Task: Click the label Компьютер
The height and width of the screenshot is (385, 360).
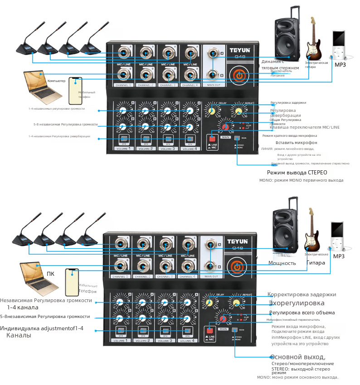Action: (x=57, y=81)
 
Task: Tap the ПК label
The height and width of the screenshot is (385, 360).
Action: (x=51, y=274)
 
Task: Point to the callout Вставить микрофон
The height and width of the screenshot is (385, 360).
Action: (x=291, y=143)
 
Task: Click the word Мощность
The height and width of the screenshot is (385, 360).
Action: (x=282, y=263)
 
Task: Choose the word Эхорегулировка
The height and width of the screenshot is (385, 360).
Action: (x=297, y=303)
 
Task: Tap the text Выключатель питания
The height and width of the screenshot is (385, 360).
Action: (x=278, y=73)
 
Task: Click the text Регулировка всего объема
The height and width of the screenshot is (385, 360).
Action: (x=302, y=313)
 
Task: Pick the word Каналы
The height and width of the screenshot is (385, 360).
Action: (x=19, y=336)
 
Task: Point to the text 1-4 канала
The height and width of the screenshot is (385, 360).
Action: (x=22, y=308)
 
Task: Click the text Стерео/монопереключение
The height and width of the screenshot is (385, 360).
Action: (x=303, y=363)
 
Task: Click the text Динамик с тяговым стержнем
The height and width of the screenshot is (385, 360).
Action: (x=280, y=64)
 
